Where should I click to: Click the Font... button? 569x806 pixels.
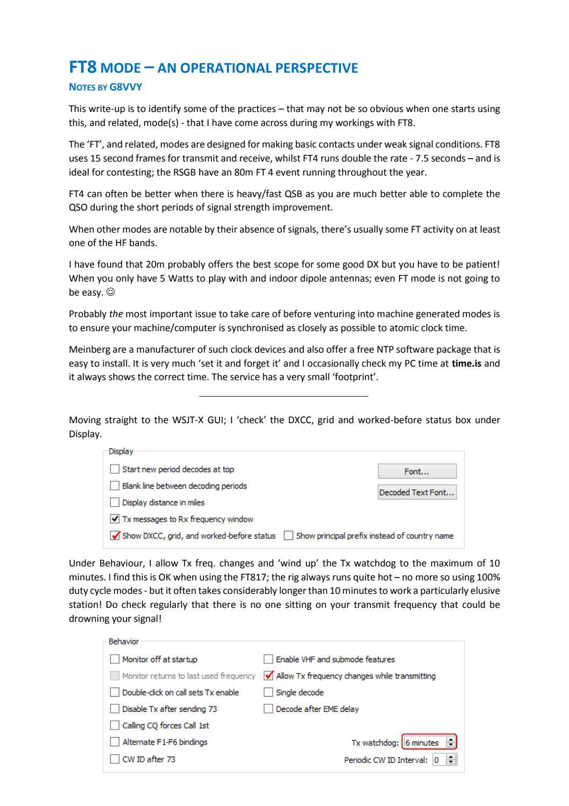tap(417, 471)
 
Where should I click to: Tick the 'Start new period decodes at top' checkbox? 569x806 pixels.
tap(115, 469)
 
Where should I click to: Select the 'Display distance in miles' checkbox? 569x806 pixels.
tap(115, 502)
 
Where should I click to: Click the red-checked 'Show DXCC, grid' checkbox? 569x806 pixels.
tap(115, 536)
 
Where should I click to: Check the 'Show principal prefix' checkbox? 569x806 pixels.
tap(289, 536)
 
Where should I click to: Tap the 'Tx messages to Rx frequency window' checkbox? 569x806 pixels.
tap(115, 519)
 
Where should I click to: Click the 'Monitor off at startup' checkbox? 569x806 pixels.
tap(115, 659)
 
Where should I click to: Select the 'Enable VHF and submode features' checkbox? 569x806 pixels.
tap(268, 659)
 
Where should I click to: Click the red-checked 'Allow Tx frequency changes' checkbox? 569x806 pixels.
tap(268, 676)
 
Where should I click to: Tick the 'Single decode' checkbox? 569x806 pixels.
tap(268, 692)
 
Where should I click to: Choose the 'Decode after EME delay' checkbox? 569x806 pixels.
tap(268, 709)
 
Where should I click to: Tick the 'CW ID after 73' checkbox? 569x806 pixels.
tap(115, 759)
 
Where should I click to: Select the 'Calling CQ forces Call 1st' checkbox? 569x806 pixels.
tap(115, 726)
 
